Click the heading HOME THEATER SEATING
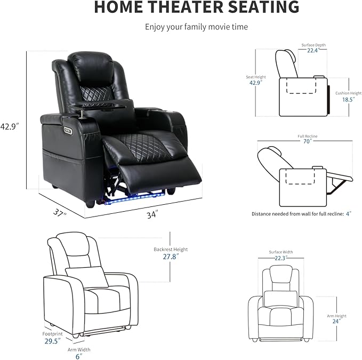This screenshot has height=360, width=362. (x=197, y=8)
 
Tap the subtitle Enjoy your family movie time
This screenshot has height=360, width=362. (x=197, y=27)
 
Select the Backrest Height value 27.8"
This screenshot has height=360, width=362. (x=178, y=256)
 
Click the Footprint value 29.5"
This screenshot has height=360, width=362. (x=52, y=340)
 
